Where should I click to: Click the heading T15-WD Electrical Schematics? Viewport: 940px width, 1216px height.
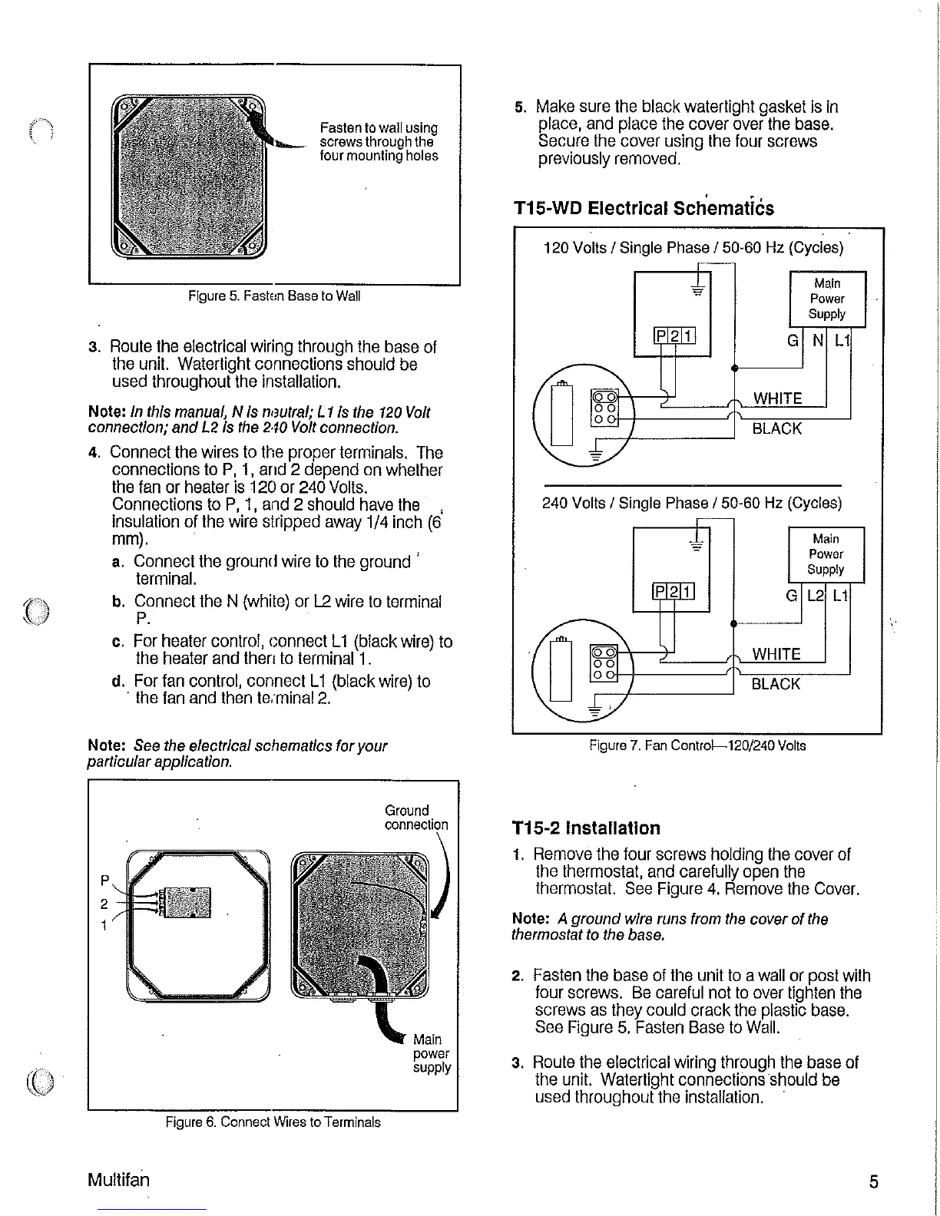[644, 209]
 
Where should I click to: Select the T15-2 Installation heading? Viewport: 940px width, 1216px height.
[586, 828]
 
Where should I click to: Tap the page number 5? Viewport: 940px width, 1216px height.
[874, 1181]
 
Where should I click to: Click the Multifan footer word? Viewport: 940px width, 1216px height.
[119, 1179]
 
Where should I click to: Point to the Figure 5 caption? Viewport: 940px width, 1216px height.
[274, 296]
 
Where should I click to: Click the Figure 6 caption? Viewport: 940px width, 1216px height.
[273, 1122]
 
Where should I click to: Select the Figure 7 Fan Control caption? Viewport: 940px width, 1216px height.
[697, 745]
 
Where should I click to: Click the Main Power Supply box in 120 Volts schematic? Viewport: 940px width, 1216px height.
[827, 299]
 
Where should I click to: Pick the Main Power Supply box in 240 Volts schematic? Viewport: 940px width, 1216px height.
[826, 554]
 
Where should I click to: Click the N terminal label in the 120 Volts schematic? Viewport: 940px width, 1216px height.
[818, 339]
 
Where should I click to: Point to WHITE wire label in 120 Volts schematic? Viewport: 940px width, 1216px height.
[777, 398]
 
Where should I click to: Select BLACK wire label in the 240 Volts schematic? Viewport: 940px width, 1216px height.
[776, 684]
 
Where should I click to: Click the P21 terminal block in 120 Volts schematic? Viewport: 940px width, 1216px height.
[674, 335]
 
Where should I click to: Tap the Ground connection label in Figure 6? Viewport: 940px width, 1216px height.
[415, 818]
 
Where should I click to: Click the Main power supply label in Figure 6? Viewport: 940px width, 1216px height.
[432, 1053]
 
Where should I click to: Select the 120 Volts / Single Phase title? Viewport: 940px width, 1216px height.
[693, 248]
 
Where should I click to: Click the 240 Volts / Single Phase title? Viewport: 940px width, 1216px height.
[692, 504]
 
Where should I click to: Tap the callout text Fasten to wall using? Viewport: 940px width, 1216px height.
[379, 128]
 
